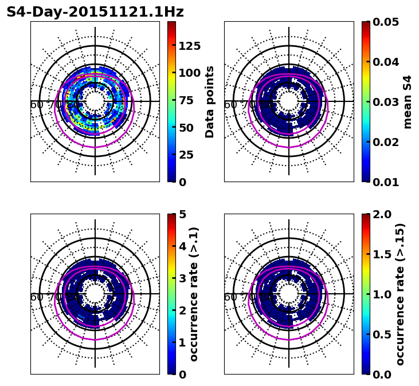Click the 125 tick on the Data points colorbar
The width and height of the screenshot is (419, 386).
pyautogui.click(x=189, y=46)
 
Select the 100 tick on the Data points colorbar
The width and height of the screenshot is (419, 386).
pyautogui.click(x=189, y=73)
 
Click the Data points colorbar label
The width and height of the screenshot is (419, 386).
pyautogui.click(x=210, y=101)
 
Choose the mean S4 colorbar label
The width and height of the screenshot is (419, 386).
pyautogui.click(x=408, y=101)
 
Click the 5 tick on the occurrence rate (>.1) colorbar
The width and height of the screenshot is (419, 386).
pyautogui.click(x=182, y=214)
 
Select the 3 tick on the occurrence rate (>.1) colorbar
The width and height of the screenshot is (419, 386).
pyautogui.click(x=182, y=278)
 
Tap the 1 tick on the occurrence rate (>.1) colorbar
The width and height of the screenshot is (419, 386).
pyautogui.click(x=182, y=342)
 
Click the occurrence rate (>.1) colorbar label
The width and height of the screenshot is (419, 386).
pyautogui.click(x=194, y=294)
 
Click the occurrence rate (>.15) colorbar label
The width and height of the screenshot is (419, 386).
pyautogui.click(x=400, y=294)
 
